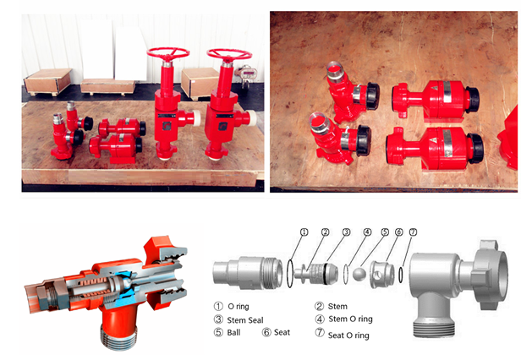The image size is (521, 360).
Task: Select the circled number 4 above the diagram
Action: pos(367,232)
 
